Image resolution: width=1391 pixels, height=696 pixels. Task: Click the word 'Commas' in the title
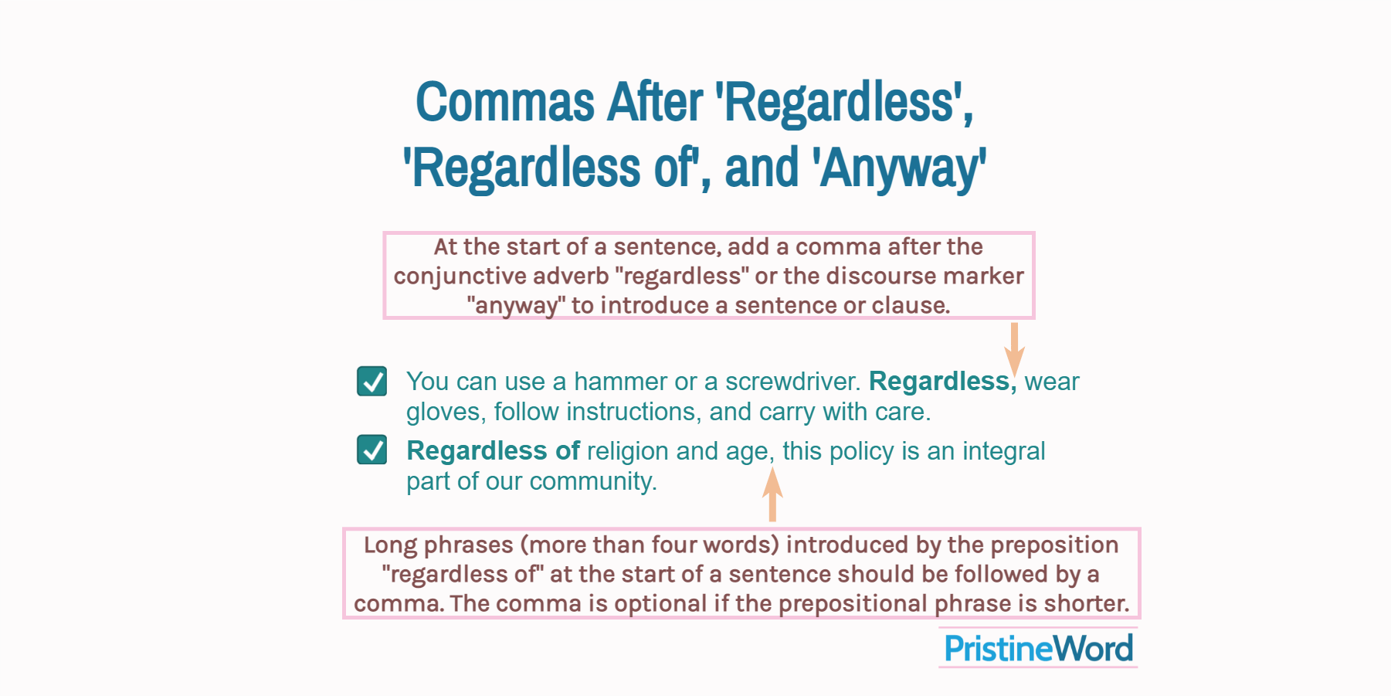505,103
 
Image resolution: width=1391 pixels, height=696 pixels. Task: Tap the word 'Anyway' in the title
899,168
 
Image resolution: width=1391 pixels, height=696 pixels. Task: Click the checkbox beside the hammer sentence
372,381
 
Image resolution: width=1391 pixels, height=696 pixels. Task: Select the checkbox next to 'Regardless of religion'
372,450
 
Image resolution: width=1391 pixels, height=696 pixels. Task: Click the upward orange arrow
772,494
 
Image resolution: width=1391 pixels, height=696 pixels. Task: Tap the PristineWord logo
1039,648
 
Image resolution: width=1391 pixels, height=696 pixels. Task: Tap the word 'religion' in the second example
627,451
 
